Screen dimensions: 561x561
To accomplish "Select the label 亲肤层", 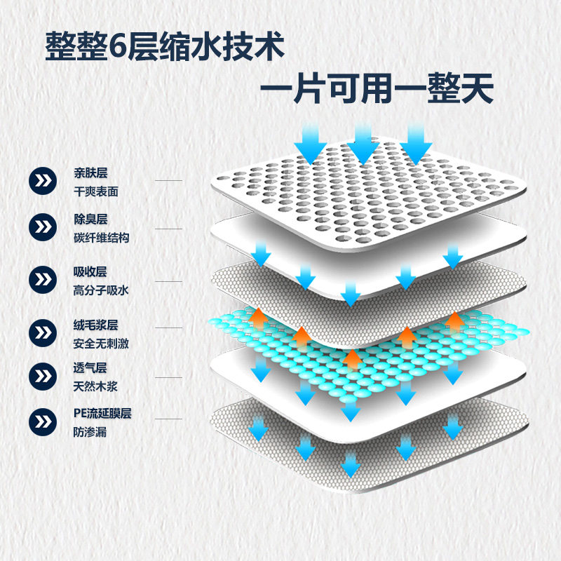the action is tap(90, 173).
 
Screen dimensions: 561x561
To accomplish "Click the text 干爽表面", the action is tap(95, 190).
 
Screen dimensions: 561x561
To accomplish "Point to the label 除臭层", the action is tap(90, 219).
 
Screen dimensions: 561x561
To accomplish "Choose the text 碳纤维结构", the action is tap(101, 238).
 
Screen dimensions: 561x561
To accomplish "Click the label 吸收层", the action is tap(90, 271).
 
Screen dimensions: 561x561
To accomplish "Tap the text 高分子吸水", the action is tap(101, 290).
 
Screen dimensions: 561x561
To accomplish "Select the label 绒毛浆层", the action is tap(95, 325).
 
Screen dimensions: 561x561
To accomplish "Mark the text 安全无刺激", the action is tap(101, 344).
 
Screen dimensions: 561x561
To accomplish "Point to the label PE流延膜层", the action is tap(102, 414).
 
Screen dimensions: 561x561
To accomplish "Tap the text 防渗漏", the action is tap(90, 432).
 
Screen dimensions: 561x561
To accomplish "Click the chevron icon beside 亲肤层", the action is tap(44, 181).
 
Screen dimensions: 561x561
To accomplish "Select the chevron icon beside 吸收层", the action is tap(44, 280).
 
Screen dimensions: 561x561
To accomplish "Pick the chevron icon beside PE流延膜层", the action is tap(44, 422).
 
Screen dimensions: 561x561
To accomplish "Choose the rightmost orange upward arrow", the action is tap(455, 323).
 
